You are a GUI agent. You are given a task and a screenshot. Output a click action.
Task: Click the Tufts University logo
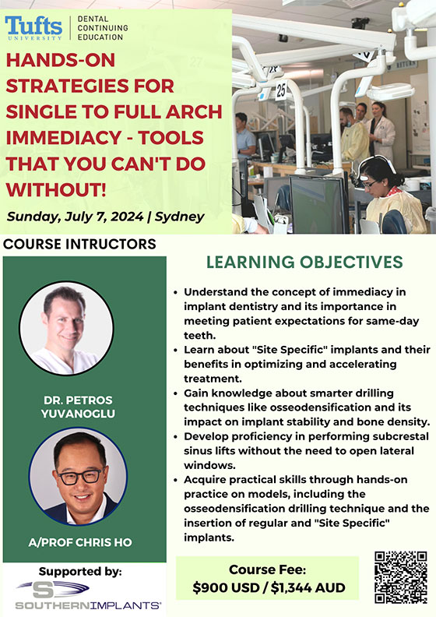click(33, 28)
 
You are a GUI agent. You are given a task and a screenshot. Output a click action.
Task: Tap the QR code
click(401, 577)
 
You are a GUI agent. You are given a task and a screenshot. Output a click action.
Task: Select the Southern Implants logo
click(88, 595)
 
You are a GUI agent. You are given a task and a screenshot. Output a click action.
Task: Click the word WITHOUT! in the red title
click(56, 189)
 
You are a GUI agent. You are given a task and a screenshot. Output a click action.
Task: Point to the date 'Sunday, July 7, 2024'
click(75, 217)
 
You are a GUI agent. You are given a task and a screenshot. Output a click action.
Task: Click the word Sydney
click(179, 217)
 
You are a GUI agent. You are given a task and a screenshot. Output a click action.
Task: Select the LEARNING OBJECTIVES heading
click(304, 262)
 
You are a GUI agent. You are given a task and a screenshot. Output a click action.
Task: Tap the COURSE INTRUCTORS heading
click(79, 244)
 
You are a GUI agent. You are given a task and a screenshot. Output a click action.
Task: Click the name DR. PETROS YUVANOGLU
click(78, 407)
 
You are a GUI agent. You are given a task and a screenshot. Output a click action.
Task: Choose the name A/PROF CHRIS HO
click(80, 542)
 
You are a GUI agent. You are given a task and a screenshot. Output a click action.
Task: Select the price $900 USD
click(226, 587)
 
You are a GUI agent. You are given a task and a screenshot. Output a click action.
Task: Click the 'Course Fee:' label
click(267, 569)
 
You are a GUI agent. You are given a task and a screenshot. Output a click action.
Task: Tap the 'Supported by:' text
click(80, 571)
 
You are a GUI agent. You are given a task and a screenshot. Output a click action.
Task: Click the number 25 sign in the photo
click(281, 90)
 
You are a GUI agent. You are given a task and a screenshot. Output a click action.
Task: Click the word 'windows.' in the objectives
click(209, 465)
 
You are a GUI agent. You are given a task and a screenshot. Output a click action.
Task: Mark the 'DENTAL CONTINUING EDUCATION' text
click(103, 28)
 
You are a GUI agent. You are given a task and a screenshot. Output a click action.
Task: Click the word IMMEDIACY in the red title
click(64, 138)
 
